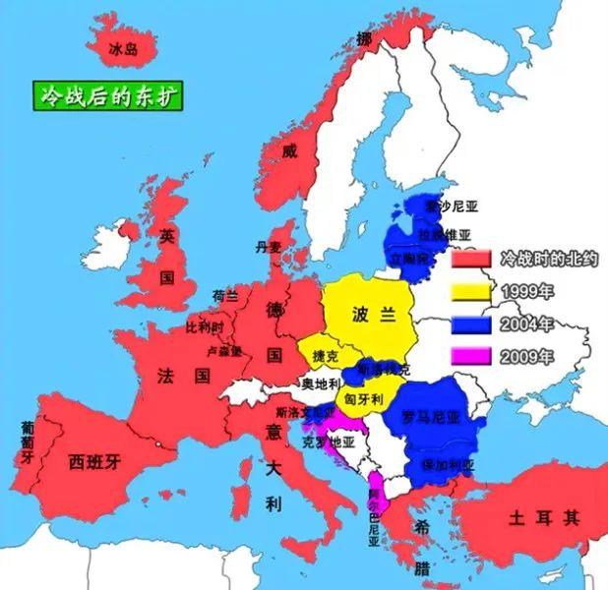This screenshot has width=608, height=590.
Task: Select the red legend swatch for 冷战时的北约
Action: click(471, 260)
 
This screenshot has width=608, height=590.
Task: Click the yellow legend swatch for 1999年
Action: click(471, 292)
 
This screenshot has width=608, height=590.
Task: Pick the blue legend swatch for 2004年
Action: click(471, 324)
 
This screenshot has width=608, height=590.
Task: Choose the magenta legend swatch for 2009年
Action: click(471, 357)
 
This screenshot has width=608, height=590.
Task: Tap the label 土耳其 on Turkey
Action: click(544, 516)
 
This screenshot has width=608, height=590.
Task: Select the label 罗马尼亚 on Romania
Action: click(431, 417)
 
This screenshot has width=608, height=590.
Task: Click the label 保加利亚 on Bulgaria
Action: click(447, 464)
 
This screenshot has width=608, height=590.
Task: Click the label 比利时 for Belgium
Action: click(205, 326)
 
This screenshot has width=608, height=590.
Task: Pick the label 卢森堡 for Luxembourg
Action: click(222, 351)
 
